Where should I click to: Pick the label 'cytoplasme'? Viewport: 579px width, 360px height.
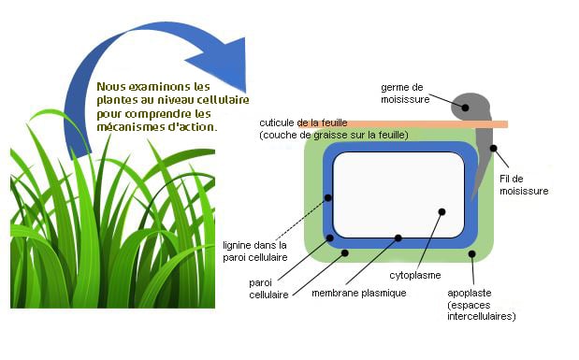[414, 276]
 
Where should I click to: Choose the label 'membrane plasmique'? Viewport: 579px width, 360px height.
[358, 293]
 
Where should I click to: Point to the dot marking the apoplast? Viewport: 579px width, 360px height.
[473, 253]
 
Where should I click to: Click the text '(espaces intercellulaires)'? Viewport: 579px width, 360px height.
[481, 310]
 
